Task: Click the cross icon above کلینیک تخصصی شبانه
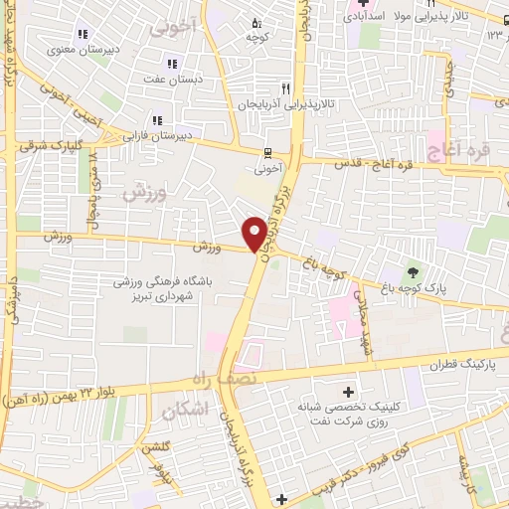[347, 391]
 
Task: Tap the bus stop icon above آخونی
[266, 153]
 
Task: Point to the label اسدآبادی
[373, 18]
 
